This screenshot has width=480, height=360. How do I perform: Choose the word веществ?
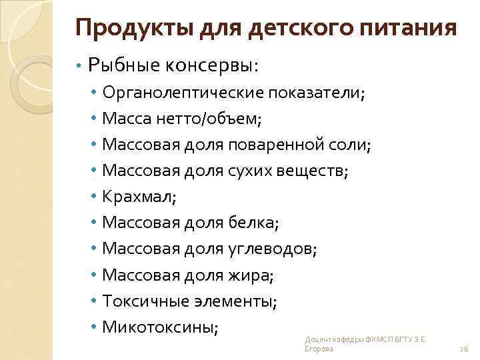coord(314,171)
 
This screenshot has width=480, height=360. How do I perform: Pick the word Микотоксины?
coord(160,327)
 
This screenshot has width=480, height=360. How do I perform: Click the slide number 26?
coord(464,349)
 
